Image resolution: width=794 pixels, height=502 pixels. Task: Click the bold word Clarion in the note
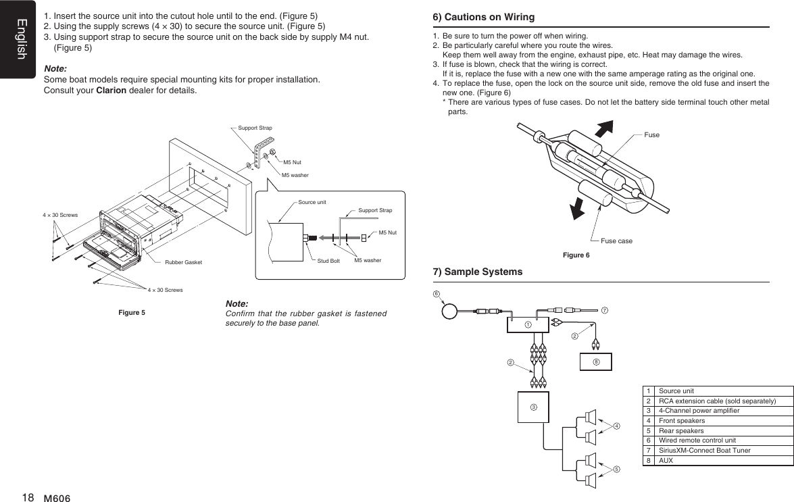coord(111,91)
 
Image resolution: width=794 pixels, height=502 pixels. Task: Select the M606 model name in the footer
coord(57,498)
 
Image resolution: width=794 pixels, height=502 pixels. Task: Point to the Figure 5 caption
coord(132,312)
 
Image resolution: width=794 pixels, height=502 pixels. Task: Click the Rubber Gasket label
coord(183,261)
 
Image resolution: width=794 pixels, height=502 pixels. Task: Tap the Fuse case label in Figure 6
coord(616,241)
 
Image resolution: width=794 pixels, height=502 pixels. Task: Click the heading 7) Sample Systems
coord(477,272)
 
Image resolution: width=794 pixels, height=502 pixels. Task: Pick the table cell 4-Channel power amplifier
coord(697,411)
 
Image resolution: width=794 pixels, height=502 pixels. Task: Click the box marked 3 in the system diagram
coord(533,407)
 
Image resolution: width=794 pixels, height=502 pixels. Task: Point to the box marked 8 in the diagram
coord(596,362)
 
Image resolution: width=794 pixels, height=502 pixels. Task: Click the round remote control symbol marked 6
coord(450,311)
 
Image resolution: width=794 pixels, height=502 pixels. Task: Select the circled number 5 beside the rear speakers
coord(617,468)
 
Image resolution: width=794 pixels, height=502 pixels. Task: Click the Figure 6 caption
coord(576,255)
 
